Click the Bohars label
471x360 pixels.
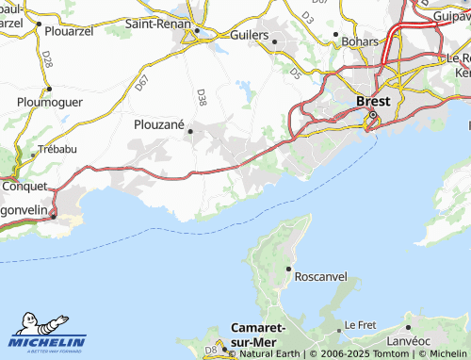click(358, 42)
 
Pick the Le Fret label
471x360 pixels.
click(360, 324)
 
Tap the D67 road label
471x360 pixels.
click(142, 83)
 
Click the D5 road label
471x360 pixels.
click(296, 69)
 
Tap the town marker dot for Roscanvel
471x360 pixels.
click(288, 269)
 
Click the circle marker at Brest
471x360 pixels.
click(372, 116)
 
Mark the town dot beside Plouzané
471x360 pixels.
click(191, 132)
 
